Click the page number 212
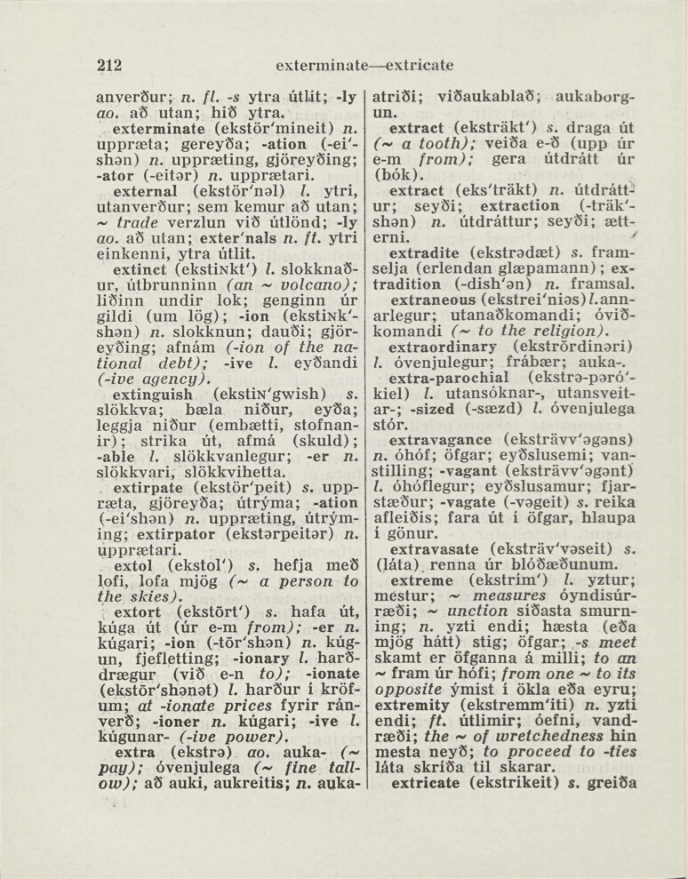(109, 65)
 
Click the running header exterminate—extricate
(365, 66)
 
